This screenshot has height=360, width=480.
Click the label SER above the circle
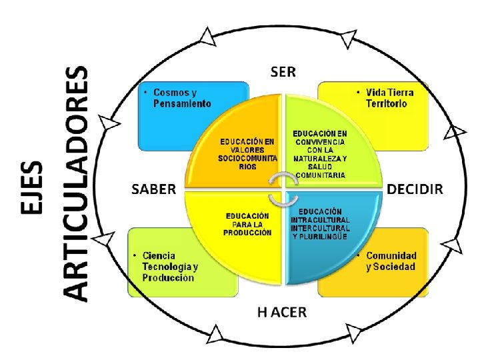[283, 71]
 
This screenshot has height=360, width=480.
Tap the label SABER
[153, 189]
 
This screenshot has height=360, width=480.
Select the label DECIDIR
[415, 189]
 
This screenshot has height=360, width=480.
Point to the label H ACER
[282, 312]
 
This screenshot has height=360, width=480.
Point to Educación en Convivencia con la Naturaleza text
[320, 154]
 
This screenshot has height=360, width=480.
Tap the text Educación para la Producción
[247, 224]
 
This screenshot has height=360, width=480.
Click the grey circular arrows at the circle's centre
[283, 189]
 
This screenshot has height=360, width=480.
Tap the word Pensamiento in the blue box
[182, 104]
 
